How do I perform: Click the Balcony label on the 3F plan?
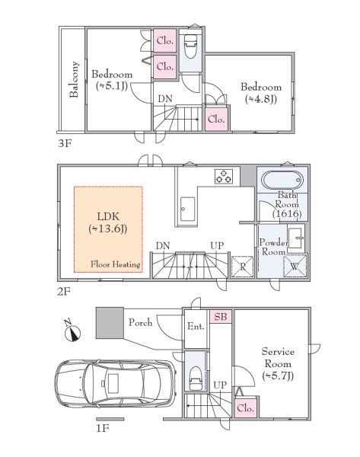tap(74, 79)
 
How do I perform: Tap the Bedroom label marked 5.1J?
tap(112, 79)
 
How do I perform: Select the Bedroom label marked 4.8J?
tap(261, 93)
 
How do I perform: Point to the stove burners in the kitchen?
tap(224, 177)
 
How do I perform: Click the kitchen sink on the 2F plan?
tap(187, 209)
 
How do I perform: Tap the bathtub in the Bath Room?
tap(282, 180)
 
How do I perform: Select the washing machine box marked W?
tap(295, 266)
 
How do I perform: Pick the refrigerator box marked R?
tap(243, 267)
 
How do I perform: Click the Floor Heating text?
tap(116, 264)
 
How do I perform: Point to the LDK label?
tap(108, 222)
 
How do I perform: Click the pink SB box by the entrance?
tap(221, 317)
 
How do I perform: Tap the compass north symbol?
tap(72, 331)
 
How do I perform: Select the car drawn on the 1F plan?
tap(116, 384)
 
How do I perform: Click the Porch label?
tap(140, 322)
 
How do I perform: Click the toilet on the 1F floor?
tap(195, 378)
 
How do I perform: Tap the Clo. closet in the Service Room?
tap(246, 407)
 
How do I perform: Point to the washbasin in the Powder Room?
tap(295, 238)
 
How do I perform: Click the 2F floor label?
tap(64, 291)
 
